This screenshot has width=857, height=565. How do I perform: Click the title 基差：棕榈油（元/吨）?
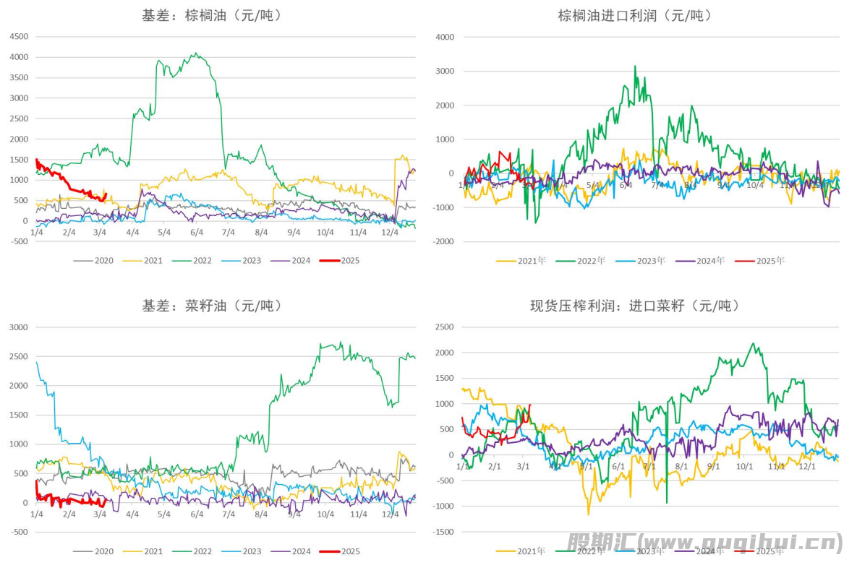[x=212, y=15]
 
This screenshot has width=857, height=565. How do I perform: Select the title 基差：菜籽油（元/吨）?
[x=212, y=306]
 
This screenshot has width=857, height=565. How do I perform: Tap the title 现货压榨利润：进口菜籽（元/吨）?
[x=635, y=306]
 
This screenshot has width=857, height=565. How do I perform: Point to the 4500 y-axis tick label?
[x=19, y=37]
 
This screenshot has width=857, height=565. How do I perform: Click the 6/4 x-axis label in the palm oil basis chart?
[x=197, y=232]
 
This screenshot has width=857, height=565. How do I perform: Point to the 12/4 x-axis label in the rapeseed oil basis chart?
[x=390, y=514]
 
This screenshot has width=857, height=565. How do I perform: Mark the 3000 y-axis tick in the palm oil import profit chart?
[x=445, y=72]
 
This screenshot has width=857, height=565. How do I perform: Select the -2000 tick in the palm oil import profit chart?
[x=443, y=241]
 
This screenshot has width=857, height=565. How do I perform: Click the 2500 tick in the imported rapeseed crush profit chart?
[x=445, y=327]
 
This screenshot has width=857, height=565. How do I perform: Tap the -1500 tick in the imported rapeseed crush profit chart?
[x=443, y=532]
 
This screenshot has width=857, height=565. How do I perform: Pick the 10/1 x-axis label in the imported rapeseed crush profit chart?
[x=744, y=466]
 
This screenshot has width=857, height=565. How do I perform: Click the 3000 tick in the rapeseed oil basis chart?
[x=19, y=327]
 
